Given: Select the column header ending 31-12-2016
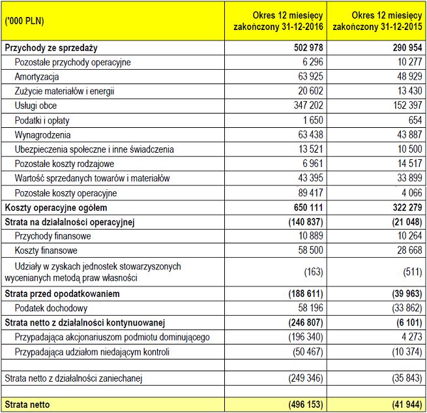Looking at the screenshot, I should pyautogui.click(x=279, y=21).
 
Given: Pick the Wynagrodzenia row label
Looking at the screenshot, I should pyautogui.click(x=42, y=134).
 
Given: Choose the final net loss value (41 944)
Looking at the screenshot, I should pyautogui.click(x=404, y=405).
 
